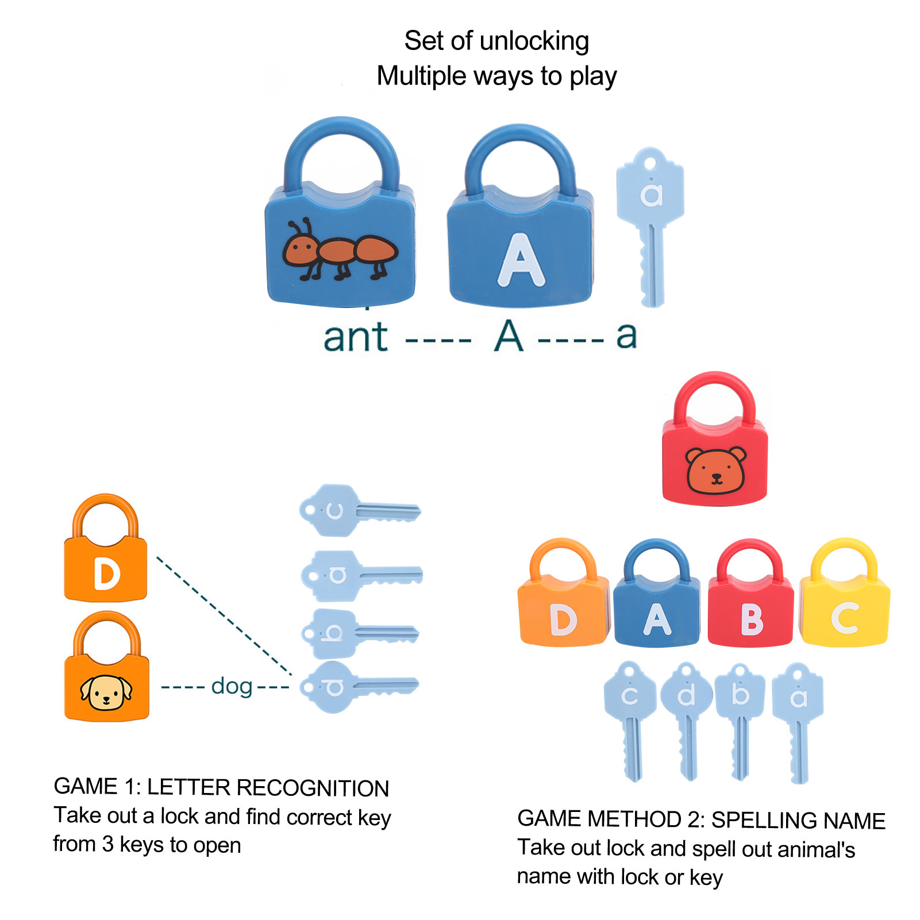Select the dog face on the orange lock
pos(106,692)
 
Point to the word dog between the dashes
pos(232,686)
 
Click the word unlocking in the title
pos(534,41)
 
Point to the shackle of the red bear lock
pos(714,394)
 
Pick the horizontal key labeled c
pos(359,510)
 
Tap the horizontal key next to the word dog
pos(359,686)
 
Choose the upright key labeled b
pos(740,718)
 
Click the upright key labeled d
pos(687,718)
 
